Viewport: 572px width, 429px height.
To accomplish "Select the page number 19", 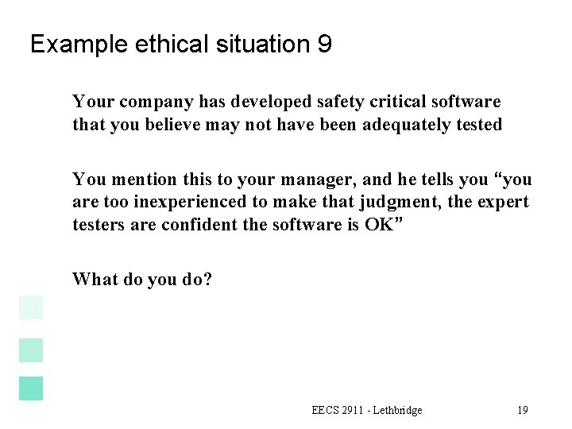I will pos(522,410).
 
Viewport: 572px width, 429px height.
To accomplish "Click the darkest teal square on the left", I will pos(30,388).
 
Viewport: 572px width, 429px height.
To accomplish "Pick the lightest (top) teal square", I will pos(30,307).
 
